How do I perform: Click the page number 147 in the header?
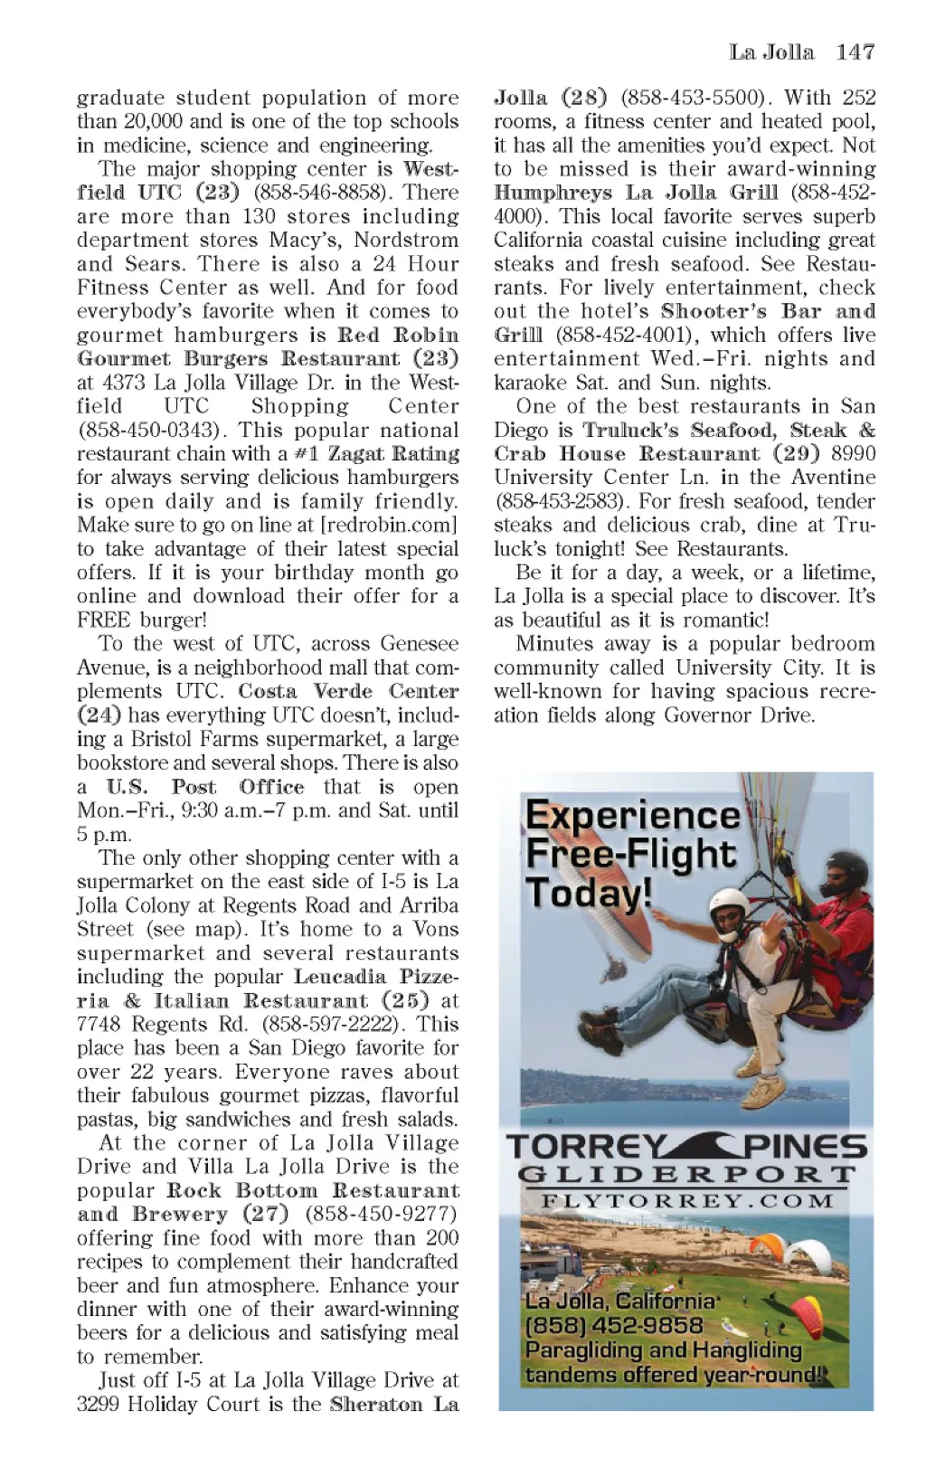[x=855, y=52]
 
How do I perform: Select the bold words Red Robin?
[x=398, y=335]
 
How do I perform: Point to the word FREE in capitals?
[x=105, y=620]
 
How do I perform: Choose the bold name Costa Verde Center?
[x=348, y=691]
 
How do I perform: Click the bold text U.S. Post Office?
[x=204, y=787]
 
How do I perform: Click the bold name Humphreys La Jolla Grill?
[x=636, y=193]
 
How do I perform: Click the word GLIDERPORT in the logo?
[x=686, y=1175]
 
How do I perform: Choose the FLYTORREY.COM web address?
[x=687, y=1201]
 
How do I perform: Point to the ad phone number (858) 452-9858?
[x=614, y=1326]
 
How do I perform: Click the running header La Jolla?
[x=771, y=52]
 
